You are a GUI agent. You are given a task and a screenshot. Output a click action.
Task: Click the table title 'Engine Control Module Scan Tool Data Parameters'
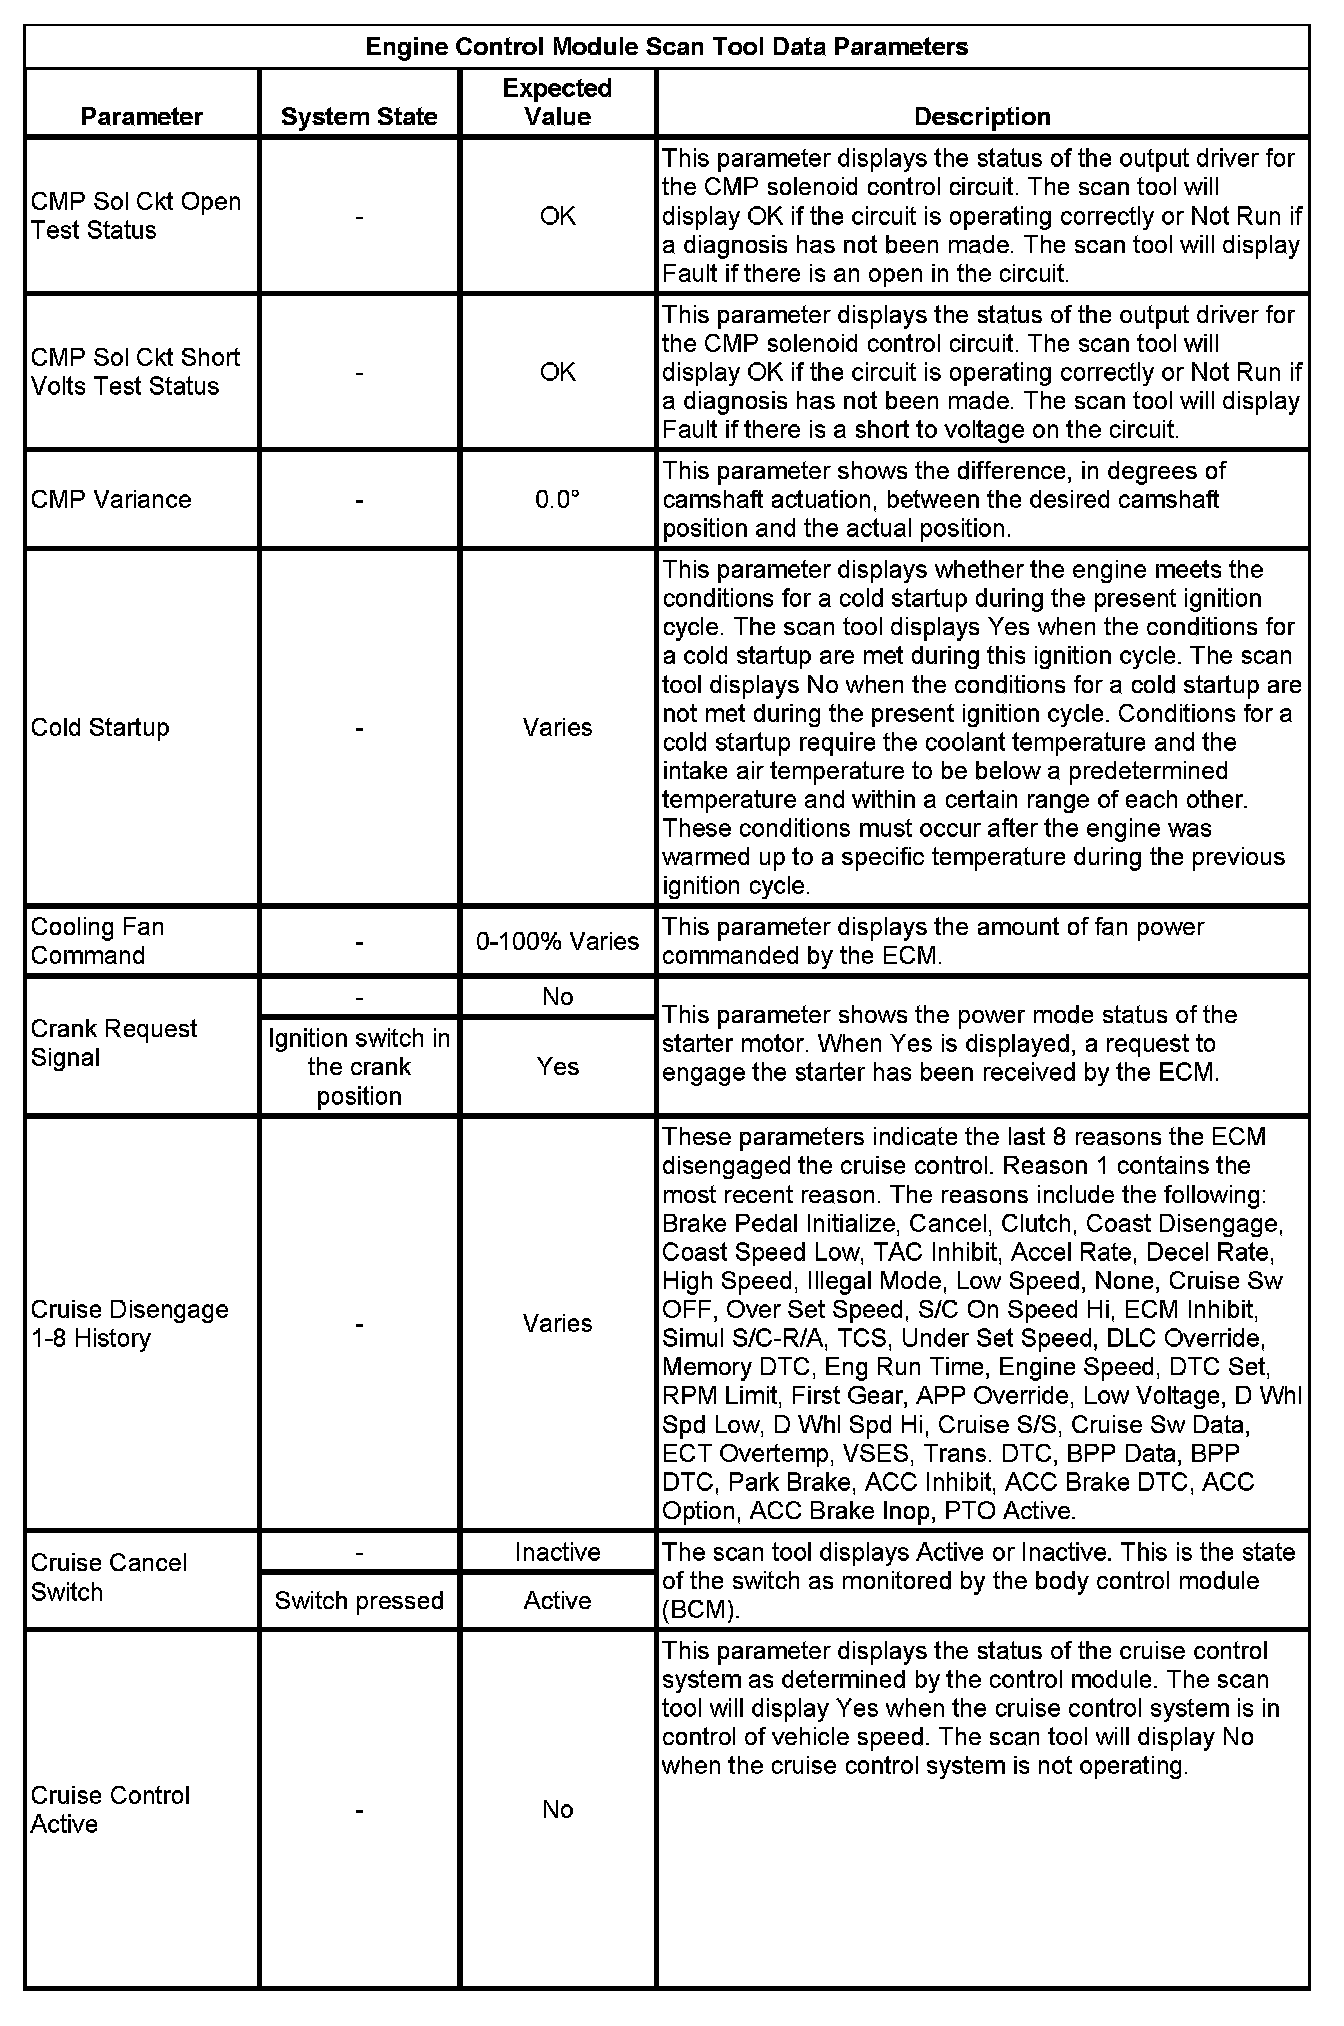coord(666,47)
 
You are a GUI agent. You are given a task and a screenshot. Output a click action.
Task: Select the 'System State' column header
coord(359,117)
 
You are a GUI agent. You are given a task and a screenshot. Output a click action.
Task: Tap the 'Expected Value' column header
coord(557,102)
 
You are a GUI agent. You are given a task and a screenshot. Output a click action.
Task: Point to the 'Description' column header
coord(982,117)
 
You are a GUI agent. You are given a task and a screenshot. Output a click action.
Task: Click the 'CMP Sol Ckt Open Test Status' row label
coord(136,216)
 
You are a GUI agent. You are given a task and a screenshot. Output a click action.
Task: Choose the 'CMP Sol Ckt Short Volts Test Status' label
coord(136,372)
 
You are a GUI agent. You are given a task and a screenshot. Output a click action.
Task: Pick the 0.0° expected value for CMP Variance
coord(557,500)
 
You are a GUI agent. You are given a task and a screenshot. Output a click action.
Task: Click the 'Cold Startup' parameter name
coord(100,727)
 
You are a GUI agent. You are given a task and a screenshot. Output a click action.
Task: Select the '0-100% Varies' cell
coord(557,941)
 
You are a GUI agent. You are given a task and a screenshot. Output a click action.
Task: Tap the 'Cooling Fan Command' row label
coord(97,941)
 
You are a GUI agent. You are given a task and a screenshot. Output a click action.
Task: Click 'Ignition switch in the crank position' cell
coord(359,1067)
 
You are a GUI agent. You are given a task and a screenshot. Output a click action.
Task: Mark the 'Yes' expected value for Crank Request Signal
coord(557,1067)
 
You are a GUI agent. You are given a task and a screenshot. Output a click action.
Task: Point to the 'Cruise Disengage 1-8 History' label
coord(129,1324)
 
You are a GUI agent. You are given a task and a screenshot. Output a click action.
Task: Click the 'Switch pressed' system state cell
coord(359,1601)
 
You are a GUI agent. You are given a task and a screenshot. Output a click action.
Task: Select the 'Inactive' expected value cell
coord(557,1552)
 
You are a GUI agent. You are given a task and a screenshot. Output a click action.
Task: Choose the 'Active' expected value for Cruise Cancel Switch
coord(557,1601)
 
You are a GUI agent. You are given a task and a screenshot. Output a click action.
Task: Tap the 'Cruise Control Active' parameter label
coord(110,1810)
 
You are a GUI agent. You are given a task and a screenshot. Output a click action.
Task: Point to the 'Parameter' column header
coord(142,117)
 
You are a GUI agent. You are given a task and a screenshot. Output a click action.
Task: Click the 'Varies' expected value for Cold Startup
coord(557,727)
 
